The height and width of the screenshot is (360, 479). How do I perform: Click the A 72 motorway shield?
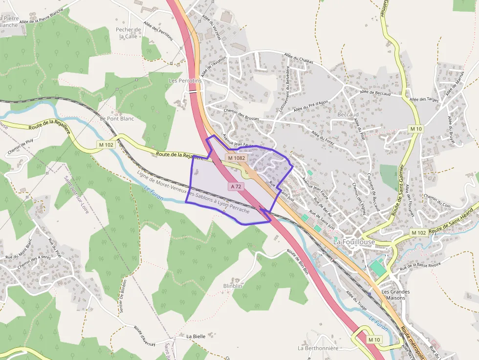[236, 187]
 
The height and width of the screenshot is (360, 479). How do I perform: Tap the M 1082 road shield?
[237, 158]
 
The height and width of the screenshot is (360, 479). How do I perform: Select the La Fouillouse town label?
[354, 242]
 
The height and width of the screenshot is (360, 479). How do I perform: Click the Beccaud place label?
[348, 115]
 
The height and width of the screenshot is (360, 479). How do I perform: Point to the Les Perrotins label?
[185, 80]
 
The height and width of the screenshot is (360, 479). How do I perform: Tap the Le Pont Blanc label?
[117, 119]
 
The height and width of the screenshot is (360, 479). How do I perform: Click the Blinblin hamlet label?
[233, 286]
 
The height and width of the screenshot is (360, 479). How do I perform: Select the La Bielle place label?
[196, 337]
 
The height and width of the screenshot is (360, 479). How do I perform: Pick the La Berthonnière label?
[318, 348]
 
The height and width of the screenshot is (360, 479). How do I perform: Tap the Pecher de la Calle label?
[128, 33]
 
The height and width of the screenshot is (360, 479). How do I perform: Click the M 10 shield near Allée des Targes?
[416, 128]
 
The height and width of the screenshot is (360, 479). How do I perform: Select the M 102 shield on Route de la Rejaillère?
[106, 145]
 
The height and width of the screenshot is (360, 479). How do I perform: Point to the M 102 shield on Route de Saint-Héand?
[418, 233]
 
